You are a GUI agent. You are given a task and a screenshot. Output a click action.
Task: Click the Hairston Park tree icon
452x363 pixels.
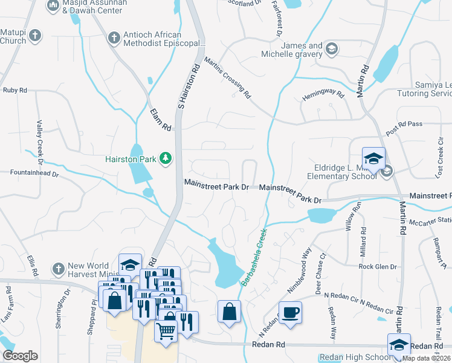click(x=165, y=159)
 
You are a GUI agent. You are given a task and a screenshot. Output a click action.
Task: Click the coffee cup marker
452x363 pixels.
click(x=290, y=313)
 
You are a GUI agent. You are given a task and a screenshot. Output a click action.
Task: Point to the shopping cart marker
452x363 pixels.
click(x=166, y=330)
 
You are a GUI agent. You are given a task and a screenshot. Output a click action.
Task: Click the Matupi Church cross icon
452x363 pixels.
click(x=35, y=35)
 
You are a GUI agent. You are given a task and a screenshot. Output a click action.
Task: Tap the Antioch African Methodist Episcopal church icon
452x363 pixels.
click(x=114, y=38)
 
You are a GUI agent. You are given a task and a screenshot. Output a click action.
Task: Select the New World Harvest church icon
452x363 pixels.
click(x=58, y=267)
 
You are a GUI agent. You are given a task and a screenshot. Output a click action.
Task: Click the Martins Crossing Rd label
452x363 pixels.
click(x=227, y=77)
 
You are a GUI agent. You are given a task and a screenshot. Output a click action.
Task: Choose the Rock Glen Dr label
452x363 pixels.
click(x=377, y=267)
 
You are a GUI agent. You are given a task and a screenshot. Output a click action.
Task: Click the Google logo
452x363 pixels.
click(x=20, y=356)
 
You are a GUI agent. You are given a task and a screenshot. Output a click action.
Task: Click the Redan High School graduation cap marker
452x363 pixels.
click(x=399, y=344)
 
